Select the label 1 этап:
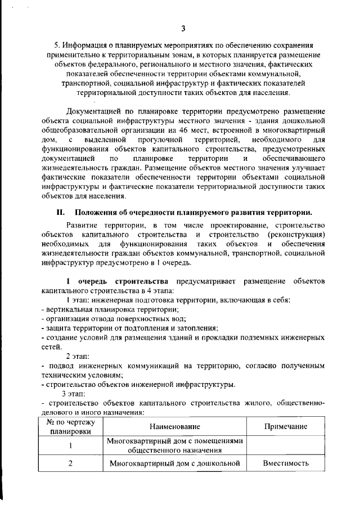(x=78, y=300)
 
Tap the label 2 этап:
(x=78, y=356)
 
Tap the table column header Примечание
(x=285, y=427)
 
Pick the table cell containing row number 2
(x=70, y=464)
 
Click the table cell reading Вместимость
(x=285, y=464)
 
